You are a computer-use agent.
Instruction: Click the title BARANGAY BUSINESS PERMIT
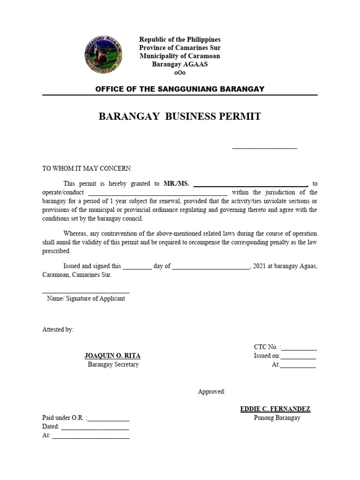pyautogui.click(x=180, y=117)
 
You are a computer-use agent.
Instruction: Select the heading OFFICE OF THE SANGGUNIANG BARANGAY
pyautogui.click(x=180, y=89)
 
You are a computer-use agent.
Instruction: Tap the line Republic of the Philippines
pyautogui.click(x=180, y=39)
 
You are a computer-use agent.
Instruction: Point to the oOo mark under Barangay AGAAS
pyautogui.click(x=180, y=73)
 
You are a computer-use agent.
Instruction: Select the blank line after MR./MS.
pyautogui.click(x=250, y=184)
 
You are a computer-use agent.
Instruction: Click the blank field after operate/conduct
pyautogui.click(x=157, y=193)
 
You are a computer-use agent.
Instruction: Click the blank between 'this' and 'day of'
pyautogui.click(x=137, y=266)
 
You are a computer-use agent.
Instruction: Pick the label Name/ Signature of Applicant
pyautogui.click(x=86, y=299)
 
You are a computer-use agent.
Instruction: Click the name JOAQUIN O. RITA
pyautogui.click(x=112, y=356)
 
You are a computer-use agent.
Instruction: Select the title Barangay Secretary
pyautogui.click(x=113, y=364)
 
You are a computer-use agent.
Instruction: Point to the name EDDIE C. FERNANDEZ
pyautogui.click(x=275, y=409)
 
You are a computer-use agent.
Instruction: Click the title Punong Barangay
pyautogui.click(x=277, y=418)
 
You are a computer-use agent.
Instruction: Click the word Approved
pyautogui.click(x=211, y=391)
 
